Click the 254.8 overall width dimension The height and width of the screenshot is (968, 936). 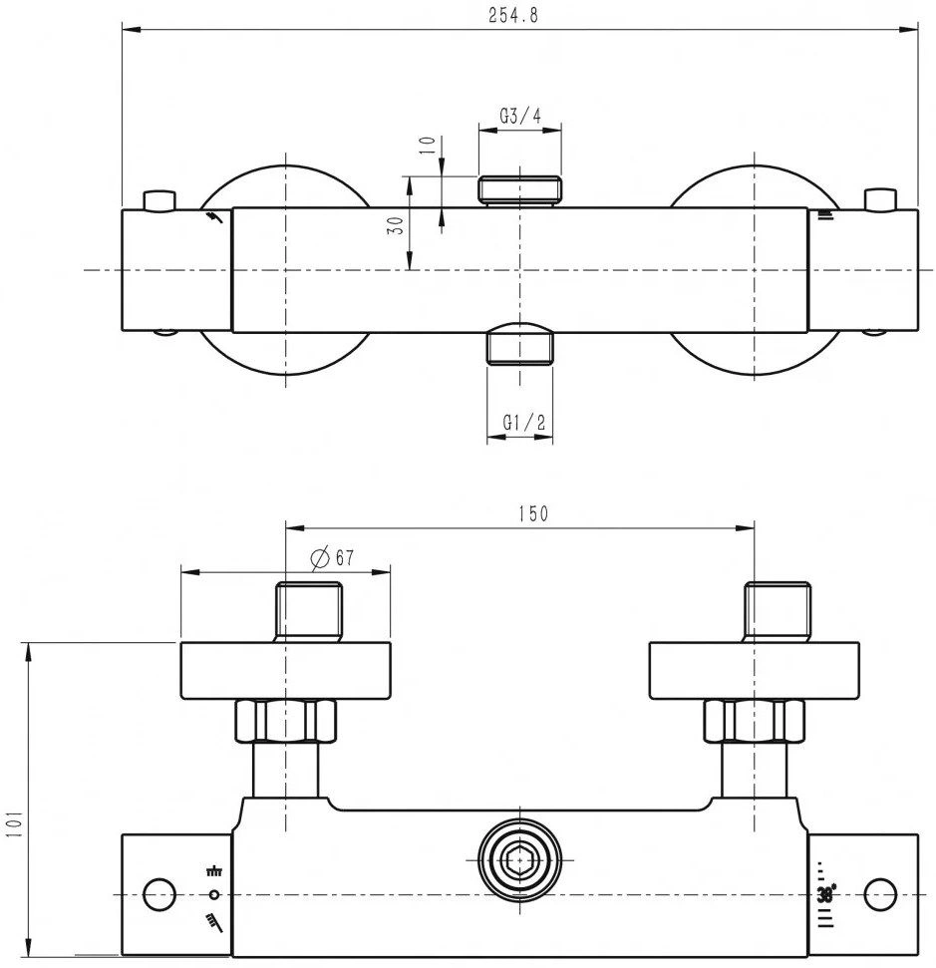[x=513, y=15]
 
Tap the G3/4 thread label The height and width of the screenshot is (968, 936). [x=520, y=116]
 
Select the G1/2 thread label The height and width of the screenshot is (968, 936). [x=524, y=423]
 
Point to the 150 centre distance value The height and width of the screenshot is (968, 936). [x=533, y=513]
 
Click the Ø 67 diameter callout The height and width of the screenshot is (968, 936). [x=332, y=557]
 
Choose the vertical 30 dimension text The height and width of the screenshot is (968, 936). [x=395, y=224]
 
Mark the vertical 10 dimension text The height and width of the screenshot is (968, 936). [x=428, y=145]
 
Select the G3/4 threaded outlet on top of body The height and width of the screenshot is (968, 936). [x=520, y=190]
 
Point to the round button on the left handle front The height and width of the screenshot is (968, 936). [x=159, y=894]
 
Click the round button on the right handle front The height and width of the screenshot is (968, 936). [x=880, y=894]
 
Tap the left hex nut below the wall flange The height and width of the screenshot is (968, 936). [x=286, y=721]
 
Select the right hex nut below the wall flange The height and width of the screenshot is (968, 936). [x=755, y=721]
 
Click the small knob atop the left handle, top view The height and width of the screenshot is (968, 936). [x=159, y=200]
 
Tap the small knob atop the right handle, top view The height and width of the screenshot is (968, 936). [x=880, y=199]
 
